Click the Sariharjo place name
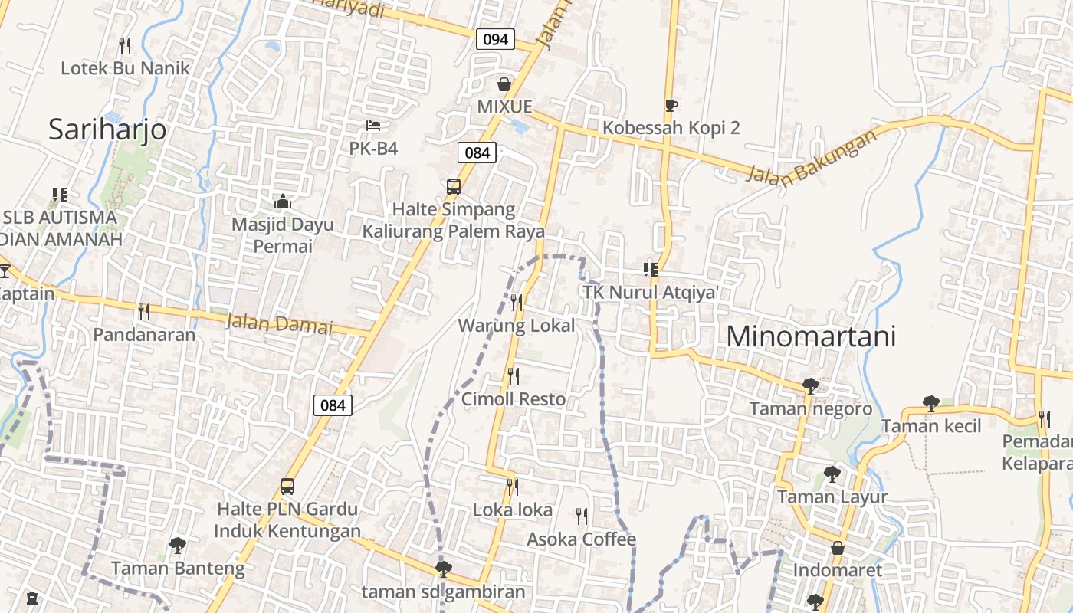(107, 129)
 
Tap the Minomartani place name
(811, 336)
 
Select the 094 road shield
(495, 39)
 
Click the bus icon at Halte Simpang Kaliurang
(454, 187)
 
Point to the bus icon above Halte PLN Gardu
(287, 487)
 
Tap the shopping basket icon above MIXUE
(504, 84)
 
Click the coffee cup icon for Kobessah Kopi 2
(671, 106)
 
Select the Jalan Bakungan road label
(812, 156)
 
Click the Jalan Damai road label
(279, 324)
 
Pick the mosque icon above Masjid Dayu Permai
(283, 202)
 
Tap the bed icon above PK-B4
(373, 126)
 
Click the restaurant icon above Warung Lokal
(517, 303)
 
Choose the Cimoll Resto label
(514, 399)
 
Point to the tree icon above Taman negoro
(810, 386)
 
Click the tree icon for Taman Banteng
(178, 546)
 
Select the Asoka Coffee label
(581, 539)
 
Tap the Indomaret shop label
(838, 570)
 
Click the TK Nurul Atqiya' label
(650, 293)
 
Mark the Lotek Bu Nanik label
(125, 67)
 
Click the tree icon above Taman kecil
(931, 403)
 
